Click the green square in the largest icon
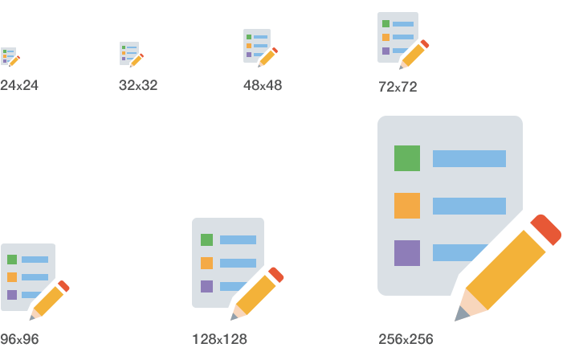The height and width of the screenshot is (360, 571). click(407, 158)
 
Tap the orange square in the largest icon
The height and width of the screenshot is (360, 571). click(407, 206)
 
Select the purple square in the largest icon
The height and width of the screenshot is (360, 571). click(407, 253)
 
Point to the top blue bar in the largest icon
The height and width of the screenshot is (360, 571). click(469, 158)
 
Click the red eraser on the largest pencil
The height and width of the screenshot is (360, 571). click(546, 228)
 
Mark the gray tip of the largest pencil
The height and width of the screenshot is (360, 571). click(461, 314)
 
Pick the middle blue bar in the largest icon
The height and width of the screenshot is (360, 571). click(469, 206)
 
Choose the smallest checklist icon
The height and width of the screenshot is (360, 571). click(9, 56)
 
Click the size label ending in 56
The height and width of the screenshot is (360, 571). click(406, 339)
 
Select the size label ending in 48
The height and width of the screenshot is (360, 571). click(263, 85)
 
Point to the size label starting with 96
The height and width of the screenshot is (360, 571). click(18, 339)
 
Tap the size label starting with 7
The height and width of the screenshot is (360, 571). click(398, 87)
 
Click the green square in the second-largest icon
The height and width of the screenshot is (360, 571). click(206, 239)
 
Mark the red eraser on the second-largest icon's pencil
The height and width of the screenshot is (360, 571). click(276, 275)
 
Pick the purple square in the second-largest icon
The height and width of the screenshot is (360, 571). click(206, 286)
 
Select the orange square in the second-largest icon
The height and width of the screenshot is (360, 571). click(206, 263)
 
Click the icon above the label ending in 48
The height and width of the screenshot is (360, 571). click(258, 47)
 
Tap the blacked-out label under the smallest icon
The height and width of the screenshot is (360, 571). click(18, 84)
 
